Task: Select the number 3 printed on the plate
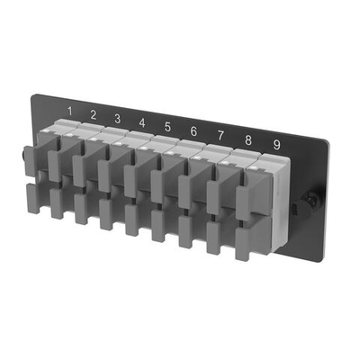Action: [x=118, y=118]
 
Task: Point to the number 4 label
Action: [x=142, y=122]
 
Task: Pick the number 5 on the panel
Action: [x=167, y=127]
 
